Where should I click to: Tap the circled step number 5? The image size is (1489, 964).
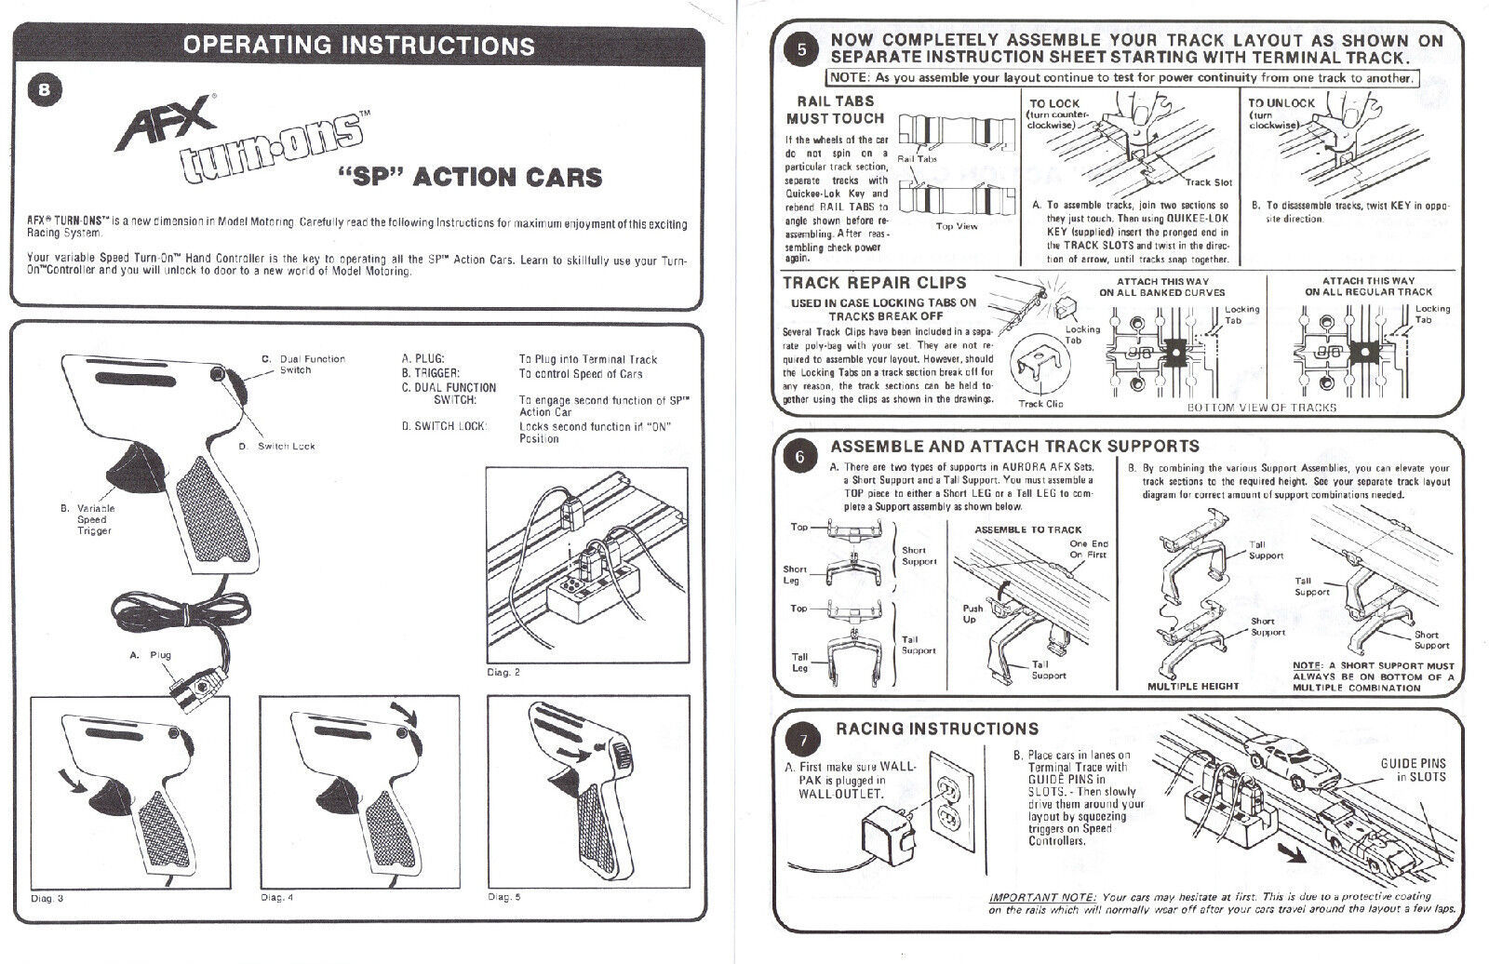(802, 50)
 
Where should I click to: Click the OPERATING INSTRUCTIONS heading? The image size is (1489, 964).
(358, 45)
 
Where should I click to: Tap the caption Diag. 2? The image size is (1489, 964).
(503, 672)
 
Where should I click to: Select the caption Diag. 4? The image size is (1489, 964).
(276, 898)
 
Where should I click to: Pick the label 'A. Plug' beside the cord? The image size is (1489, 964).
(151, 655)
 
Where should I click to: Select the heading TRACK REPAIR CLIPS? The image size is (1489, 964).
(874, 282)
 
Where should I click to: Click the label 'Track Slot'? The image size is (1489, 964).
(1208, 182)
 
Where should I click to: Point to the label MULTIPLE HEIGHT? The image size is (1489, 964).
(1193, 686)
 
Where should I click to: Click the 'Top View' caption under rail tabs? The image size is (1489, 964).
(956, 226)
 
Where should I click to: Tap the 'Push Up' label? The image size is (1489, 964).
(973, 614)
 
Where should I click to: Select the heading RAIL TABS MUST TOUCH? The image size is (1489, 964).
(835, 110)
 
